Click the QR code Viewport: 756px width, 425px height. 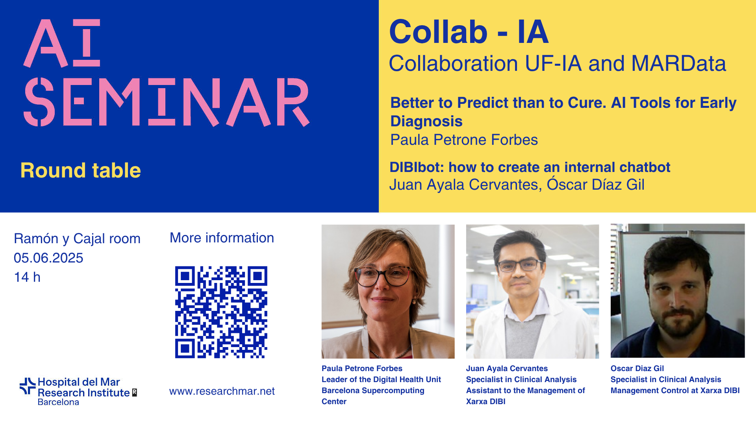click(x=221, y=312)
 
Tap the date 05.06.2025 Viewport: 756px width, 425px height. click(x=48, y=258)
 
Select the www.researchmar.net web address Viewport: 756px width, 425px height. click(x=222, y=391)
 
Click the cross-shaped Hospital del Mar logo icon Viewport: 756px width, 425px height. click(x=28, y=386)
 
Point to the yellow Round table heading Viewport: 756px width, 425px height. click(x=81, y=170)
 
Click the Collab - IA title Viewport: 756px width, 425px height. click(x=469, y=32)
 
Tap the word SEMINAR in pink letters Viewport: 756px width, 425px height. click(x=167, y=102)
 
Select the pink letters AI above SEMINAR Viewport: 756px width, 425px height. click(x=62, y=43)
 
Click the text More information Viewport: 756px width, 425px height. click(x=222, y=238)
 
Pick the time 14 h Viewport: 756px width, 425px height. click(x=27, y=277)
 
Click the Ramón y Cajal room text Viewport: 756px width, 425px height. click(x=77, y=238)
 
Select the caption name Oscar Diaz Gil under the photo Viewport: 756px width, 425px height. click(x=637, y=368)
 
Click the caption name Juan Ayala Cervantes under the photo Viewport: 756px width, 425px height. click(x=507, y=368)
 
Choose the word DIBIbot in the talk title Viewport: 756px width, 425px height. click(x=417, y=167)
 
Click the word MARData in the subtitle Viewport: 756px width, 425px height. click(x=678, y=63)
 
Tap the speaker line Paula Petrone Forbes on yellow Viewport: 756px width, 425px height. click(x=464, y=140)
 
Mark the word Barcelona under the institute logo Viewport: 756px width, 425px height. click(x=58, y=402)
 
